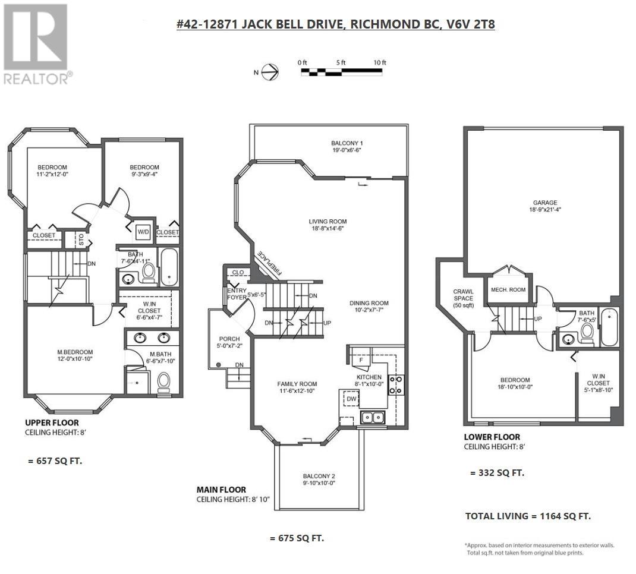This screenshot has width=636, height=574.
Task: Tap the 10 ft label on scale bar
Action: point(380,62)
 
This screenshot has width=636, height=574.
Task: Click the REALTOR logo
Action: point(37,44)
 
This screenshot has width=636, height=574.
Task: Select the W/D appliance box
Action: point(143,231)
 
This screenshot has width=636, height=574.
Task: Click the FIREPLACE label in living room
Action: point(274,263)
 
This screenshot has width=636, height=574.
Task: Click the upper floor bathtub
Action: point(168,267)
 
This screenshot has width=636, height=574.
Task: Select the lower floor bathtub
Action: point(609,327)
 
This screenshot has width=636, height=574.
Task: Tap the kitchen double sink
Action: point(372,418)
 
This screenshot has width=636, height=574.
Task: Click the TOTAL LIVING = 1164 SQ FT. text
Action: point(527,516)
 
